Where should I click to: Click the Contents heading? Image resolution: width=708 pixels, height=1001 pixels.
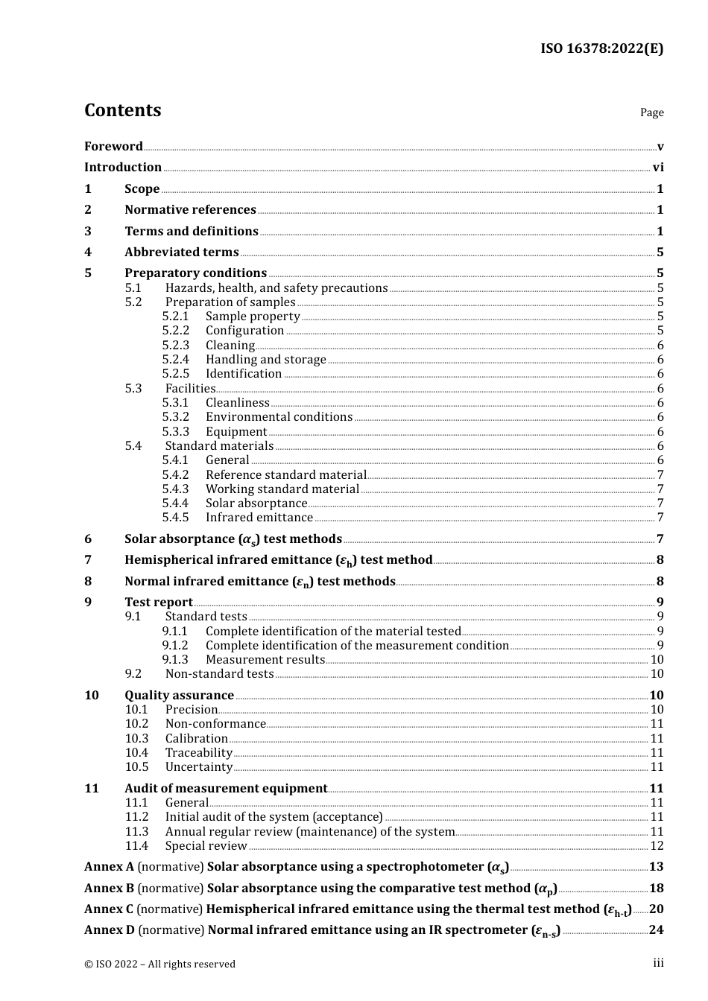[x=122, y=110]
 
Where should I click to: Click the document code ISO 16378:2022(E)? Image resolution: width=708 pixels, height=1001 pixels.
[x=601, y=48]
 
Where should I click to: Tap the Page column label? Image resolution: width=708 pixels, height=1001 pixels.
[x=651, y=112]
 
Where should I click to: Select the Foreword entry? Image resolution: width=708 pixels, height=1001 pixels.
[x=113, y=146]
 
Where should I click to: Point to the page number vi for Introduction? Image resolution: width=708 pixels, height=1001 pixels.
[x=658, y=168]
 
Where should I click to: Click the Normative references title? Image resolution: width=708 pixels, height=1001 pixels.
[x=190, y=210]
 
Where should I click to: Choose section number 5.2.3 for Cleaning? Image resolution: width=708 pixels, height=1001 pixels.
[x=176, y=346]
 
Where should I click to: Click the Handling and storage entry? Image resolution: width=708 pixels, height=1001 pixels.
[x=265, y=360]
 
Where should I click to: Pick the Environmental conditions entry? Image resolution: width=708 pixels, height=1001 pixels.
[x=279, y=417]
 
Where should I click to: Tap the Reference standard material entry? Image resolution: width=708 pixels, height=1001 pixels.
[x=285, y=474]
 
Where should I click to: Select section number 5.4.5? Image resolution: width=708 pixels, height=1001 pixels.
[x=176, y=518]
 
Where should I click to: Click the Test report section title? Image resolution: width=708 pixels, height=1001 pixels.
[x=158, y=602]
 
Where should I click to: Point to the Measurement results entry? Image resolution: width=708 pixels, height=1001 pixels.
[x=265, y=660]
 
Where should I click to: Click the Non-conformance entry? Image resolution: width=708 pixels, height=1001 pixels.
[x=215, y=724]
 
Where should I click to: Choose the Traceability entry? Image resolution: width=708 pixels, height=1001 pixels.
[x=198, y=753]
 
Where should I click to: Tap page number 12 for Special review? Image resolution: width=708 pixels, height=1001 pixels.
[x=657, y=846]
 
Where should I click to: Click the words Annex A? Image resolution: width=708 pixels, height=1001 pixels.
[x=109, y=867]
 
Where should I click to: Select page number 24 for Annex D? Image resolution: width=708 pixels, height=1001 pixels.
[x=656, y=930]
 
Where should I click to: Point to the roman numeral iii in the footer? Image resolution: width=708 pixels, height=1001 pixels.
[x=658, y=963]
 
